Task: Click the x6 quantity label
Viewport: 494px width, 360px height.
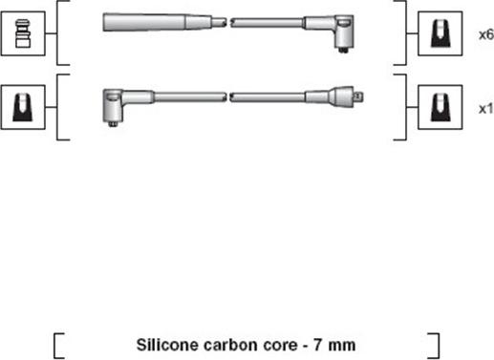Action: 486,34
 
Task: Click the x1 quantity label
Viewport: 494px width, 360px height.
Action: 486,109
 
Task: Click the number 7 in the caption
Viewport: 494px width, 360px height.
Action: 318,345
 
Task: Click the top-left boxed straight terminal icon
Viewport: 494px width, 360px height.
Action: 23,33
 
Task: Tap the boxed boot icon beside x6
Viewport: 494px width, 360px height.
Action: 440,33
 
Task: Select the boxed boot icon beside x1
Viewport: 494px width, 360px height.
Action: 440,107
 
